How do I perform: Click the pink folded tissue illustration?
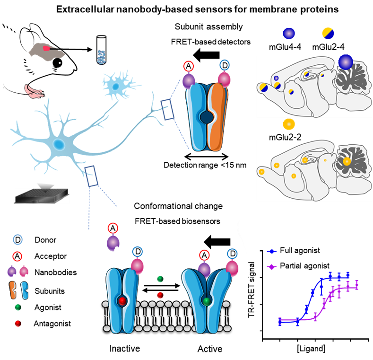click(34, 91)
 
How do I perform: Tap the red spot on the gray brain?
click(46, 48)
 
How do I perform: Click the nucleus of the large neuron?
click(59, 144)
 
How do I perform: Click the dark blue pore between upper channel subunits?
click(207, 116)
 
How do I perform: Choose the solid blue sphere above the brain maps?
click(288, 34)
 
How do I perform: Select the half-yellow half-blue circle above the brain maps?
click(328, 33)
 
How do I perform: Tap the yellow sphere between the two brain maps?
click(288, 124)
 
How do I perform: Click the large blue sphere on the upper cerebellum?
click(346, 62)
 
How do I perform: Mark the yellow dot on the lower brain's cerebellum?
click(347, 161)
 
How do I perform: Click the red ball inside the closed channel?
click(122, 301)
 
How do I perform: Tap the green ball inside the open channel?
click(206, 301)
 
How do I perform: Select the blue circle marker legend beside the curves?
click(271, 252)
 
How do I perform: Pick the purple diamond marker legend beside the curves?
click(271, 267)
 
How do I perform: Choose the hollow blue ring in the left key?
click(17, 239)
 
